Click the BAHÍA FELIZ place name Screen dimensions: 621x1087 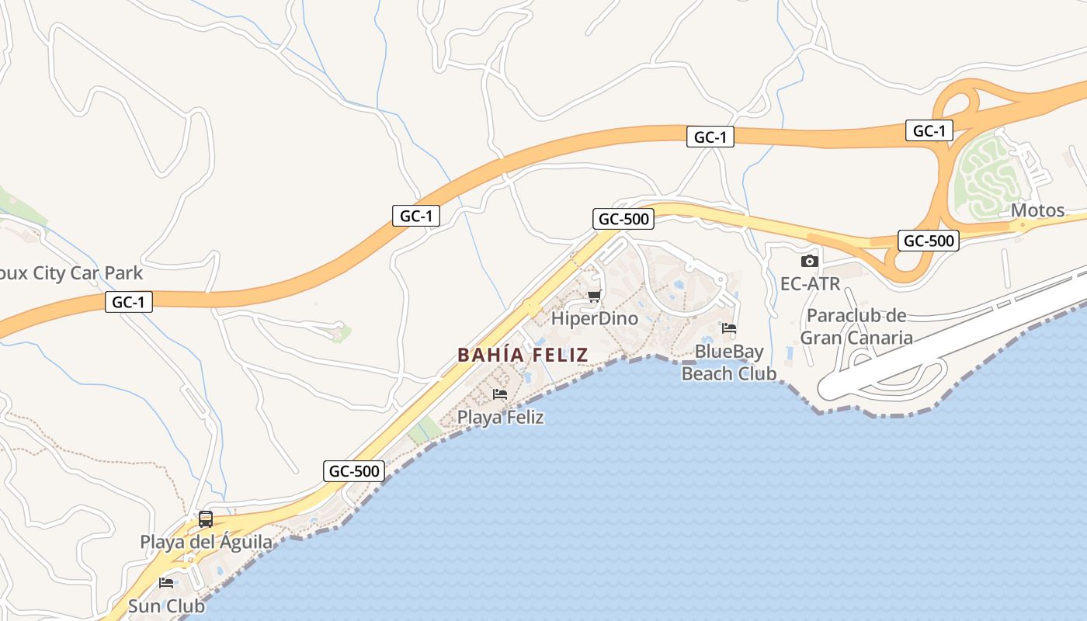[x=523, y=355]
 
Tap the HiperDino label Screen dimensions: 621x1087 [x=594, y=318]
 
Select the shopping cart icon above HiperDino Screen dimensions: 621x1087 [x=594, y=296]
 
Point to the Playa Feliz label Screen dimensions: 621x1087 [x=500, y=417]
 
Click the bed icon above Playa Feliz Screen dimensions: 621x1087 [x=500, y=394]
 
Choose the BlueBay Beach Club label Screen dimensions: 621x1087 [x=728, y=363]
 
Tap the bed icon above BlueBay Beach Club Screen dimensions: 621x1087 [x=728, y=328]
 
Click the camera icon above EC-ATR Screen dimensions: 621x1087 [x=810, y=261]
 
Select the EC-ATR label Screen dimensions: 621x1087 [x=810, y=284]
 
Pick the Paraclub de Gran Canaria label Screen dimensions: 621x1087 [x=856, y=327]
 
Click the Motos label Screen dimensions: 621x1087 [x=1037, y=210]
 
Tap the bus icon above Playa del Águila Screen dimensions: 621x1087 [x=206, y=519]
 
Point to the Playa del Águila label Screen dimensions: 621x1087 [x=206, y=542]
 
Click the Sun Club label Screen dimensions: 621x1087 [x=166, y=605]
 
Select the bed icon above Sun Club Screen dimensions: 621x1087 [x=166, y=583]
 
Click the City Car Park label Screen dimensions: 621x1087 [x=72, y=273]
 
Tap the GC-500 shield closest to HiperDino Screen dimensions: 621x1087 [x=623, y=219]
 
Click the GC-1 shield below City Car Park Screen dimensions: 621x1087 [x=129, y=302]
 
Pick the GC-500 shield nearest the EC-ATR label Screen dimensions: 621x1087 [x=929, y=241]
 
